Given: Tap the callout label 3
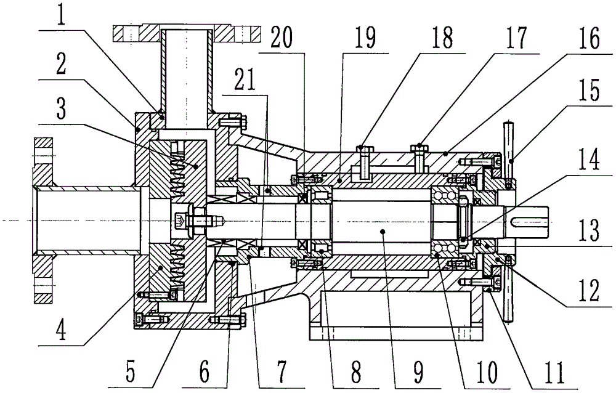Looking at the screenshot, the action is point(61,108).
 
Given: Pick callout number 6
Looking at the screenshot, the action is point(204,370).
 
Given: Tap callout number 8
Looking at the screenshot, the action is point(355,370).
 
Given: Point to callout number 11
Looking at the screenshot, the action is point(555,370).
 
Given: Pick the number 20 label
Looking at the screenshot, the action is point(280,39).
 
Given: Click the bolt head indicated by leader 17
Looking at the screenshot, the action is point(419,148).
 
